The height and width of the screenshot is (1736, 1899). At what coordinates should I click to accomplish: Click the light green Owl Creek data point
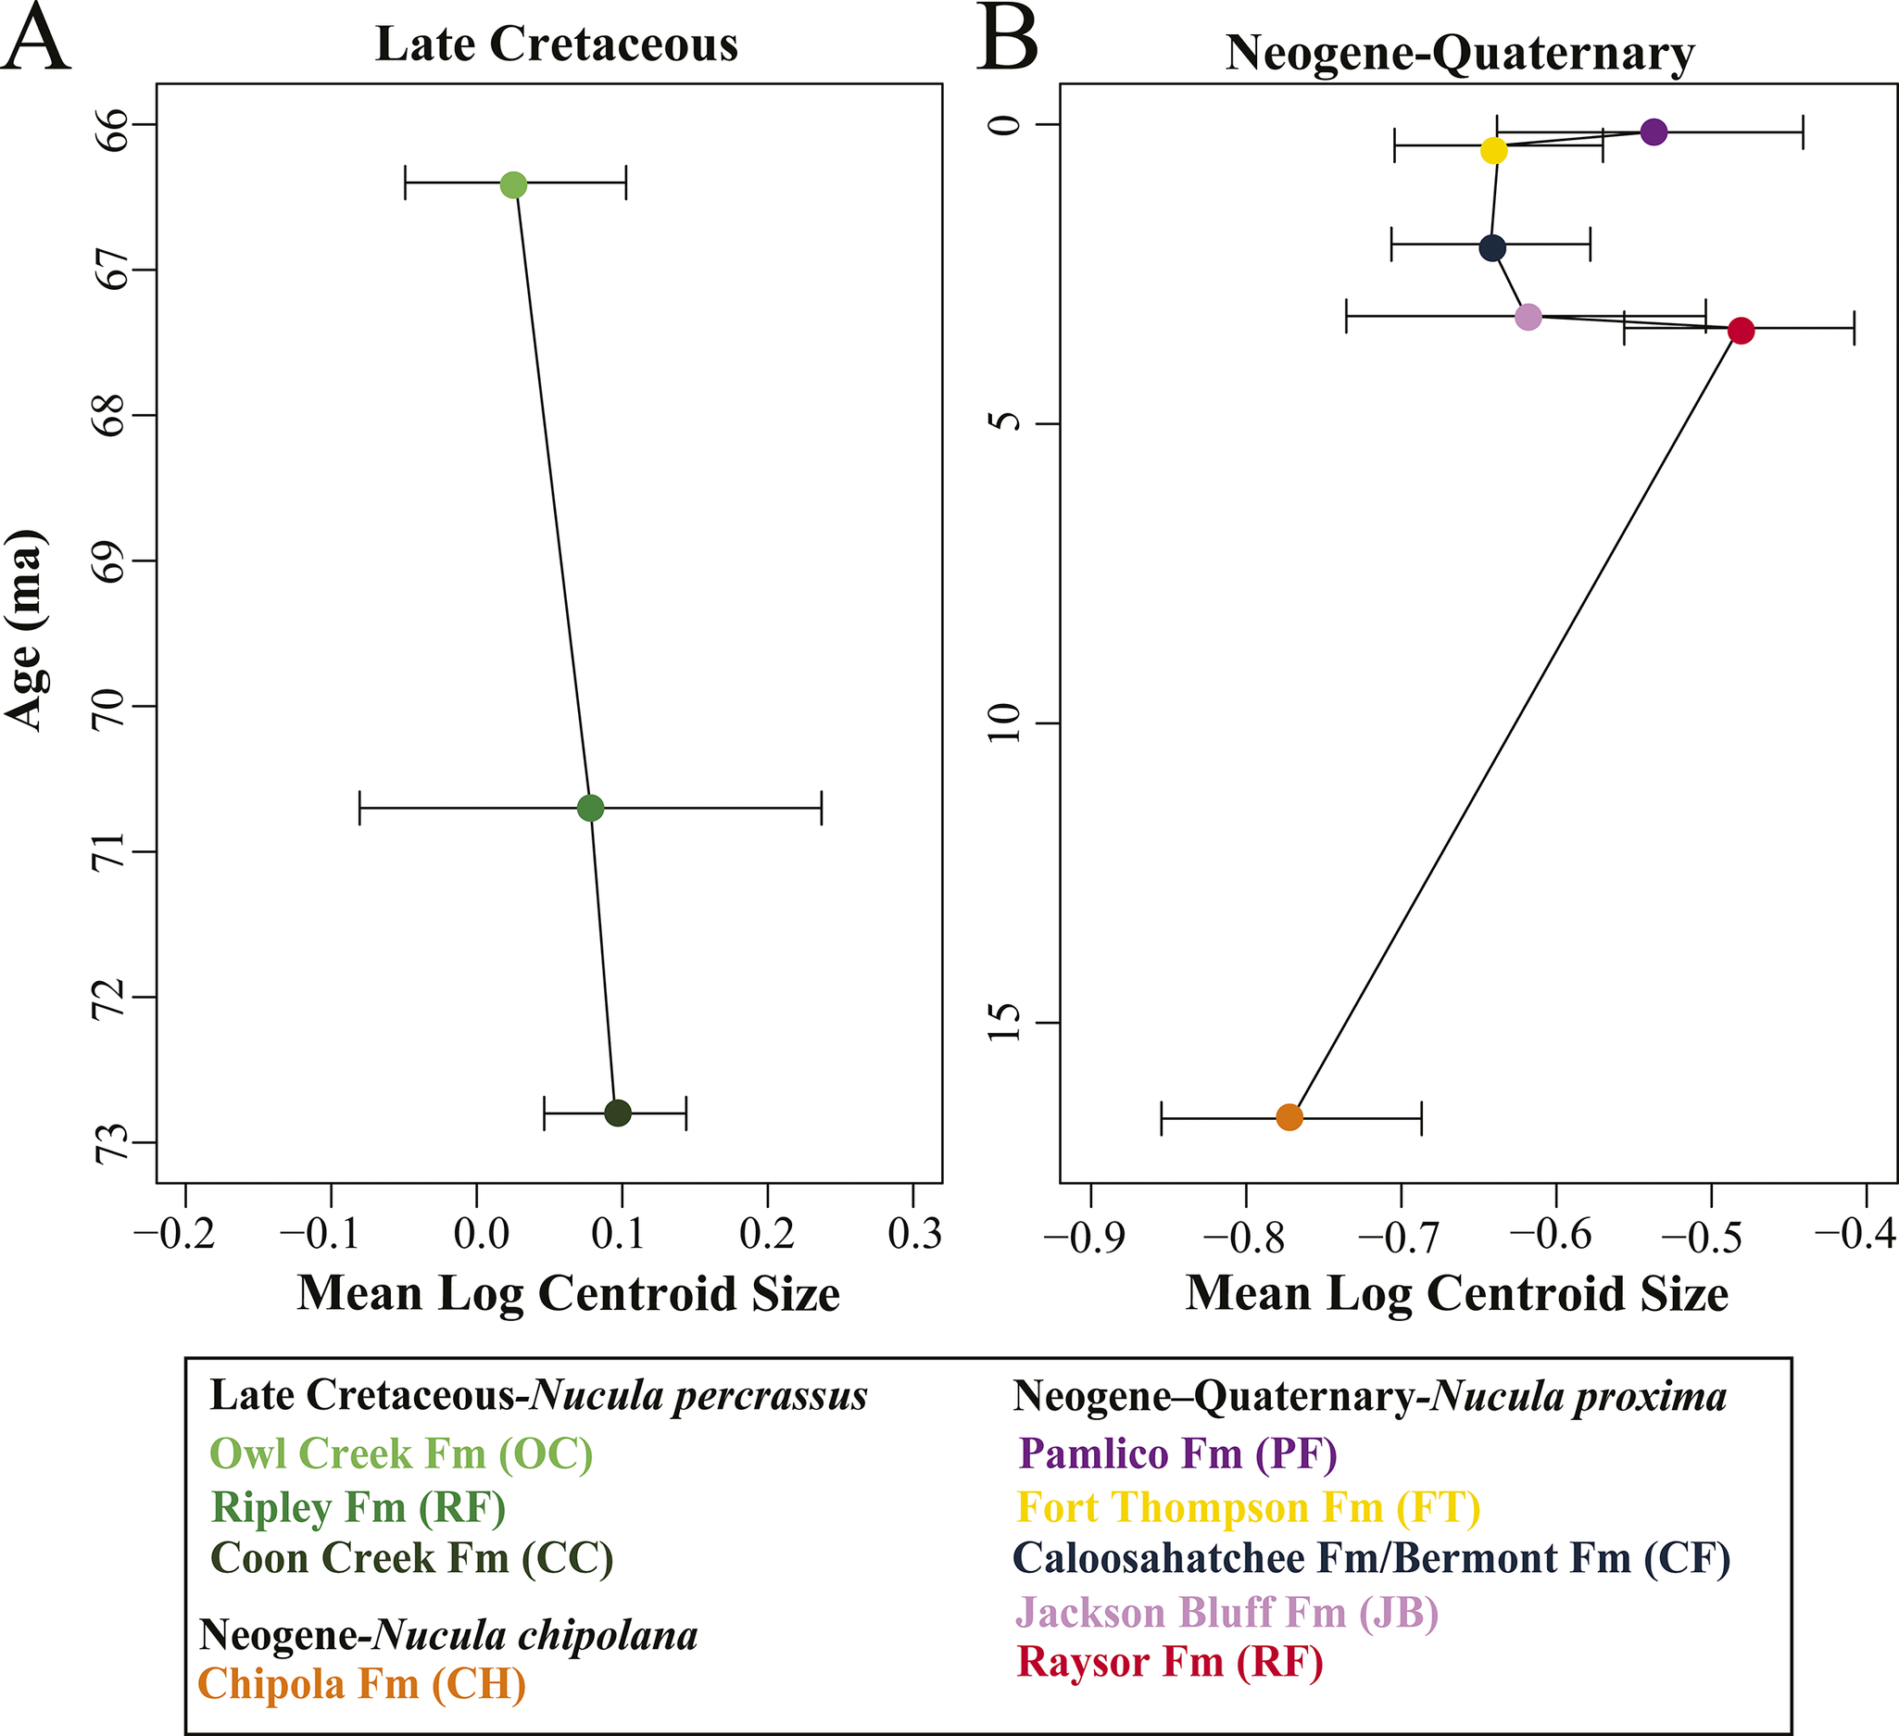click(512, 184)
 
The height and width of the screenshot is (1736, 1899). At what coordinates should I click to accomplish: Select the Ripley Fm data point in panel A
click(590, 807)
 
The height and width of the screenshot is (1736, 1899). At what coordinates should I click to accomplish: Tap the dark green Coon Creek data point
click(617, 1113)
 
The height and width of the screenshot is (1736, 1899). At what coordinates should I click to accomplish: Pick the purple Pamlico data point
click(1654, 132)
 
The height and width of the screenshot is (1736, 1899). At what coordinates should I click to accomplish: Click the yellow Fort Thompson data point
click(1494, 151)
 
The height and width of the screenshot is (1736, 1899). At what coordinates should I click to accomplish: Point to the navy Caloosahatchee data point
click(1492, 248)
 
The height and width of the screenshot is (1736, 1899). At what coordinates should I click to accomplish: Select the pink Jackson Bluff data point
click(1528, 317)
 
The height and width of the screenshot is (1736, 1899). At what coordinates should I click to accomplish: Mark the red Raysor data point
click(1741, 331)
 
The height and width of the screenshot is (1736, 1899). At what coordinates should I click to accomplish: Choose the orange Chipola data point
click(1289, 1117)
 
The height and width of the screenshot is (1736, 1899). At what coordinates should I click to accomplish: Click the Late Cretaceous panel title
click(557, 44)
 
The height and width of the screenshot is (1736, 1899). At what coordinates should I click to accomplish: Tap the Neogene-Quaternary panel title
click(1459, 53)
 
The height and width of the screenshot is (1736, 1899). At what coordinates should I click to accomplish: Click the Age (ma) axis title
click(25, 629)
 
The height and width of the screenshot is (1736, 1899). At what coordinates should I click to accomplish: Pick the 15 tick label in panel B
click(1006, 1023)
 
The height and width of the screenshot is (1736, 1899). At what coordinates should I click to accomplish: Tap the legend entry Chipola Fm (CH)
click(361, 1683)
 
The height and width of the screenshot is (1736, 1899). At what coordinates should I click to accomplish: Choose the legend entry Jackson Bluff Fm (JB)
click(1226, 1613)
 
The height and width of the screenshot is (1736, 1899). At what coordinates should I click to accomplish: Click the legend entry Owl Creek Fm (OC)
click(401, 1453)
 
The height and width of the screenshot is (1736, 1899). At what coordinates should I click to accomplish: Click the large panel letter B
click(1008, 40)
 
